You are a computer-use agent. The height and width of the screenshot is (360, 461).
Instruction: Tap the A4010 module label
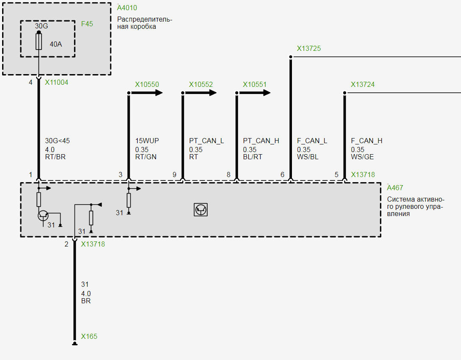(x=127, y=8)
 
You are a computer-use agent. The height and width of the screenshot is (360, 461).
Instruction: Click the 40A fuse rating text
(x=56, y=44)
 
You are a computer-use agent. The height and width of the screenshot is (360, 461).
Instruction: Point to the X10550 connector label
(x=147, y=85)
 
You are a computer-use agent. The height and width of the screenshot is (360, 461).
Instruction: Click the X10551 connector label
(x=255, y=85)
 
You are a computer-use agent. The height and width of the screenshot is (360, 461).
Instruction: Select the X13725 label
(x=309, y=49)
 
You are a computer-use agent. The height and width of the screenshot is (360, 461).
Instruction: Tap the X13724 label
(x=363, y=85)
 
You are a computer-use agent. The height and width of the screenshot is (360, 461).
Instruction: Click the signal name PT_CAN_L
(x=206, y=141)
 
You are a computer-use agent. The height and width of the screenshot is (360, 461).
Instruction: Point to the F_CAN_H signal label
(x=367, y=141)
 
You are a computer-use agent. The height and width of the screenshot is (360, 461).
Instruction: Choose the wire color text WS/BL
(x=308, y=157)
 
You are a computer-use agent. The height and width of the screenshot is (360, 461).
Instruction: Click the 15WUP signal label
(x=147, y=141)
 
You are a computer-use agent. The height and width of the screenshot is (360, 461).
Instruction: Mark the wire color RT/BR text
(x=55, y=157)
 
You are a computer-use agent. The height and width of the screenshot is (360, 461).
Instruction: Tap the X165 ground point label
(x=89, y=337)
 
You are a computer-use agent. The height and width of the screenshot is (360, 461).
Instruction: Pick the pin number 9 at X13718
(x=174, y=174)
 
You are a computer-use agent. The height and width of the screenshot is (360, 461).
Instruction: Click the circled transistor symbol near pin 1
(x=43, y=215)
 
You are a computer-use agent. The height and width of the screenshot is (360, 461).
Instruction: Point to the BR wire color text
(x=86, y=301)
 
